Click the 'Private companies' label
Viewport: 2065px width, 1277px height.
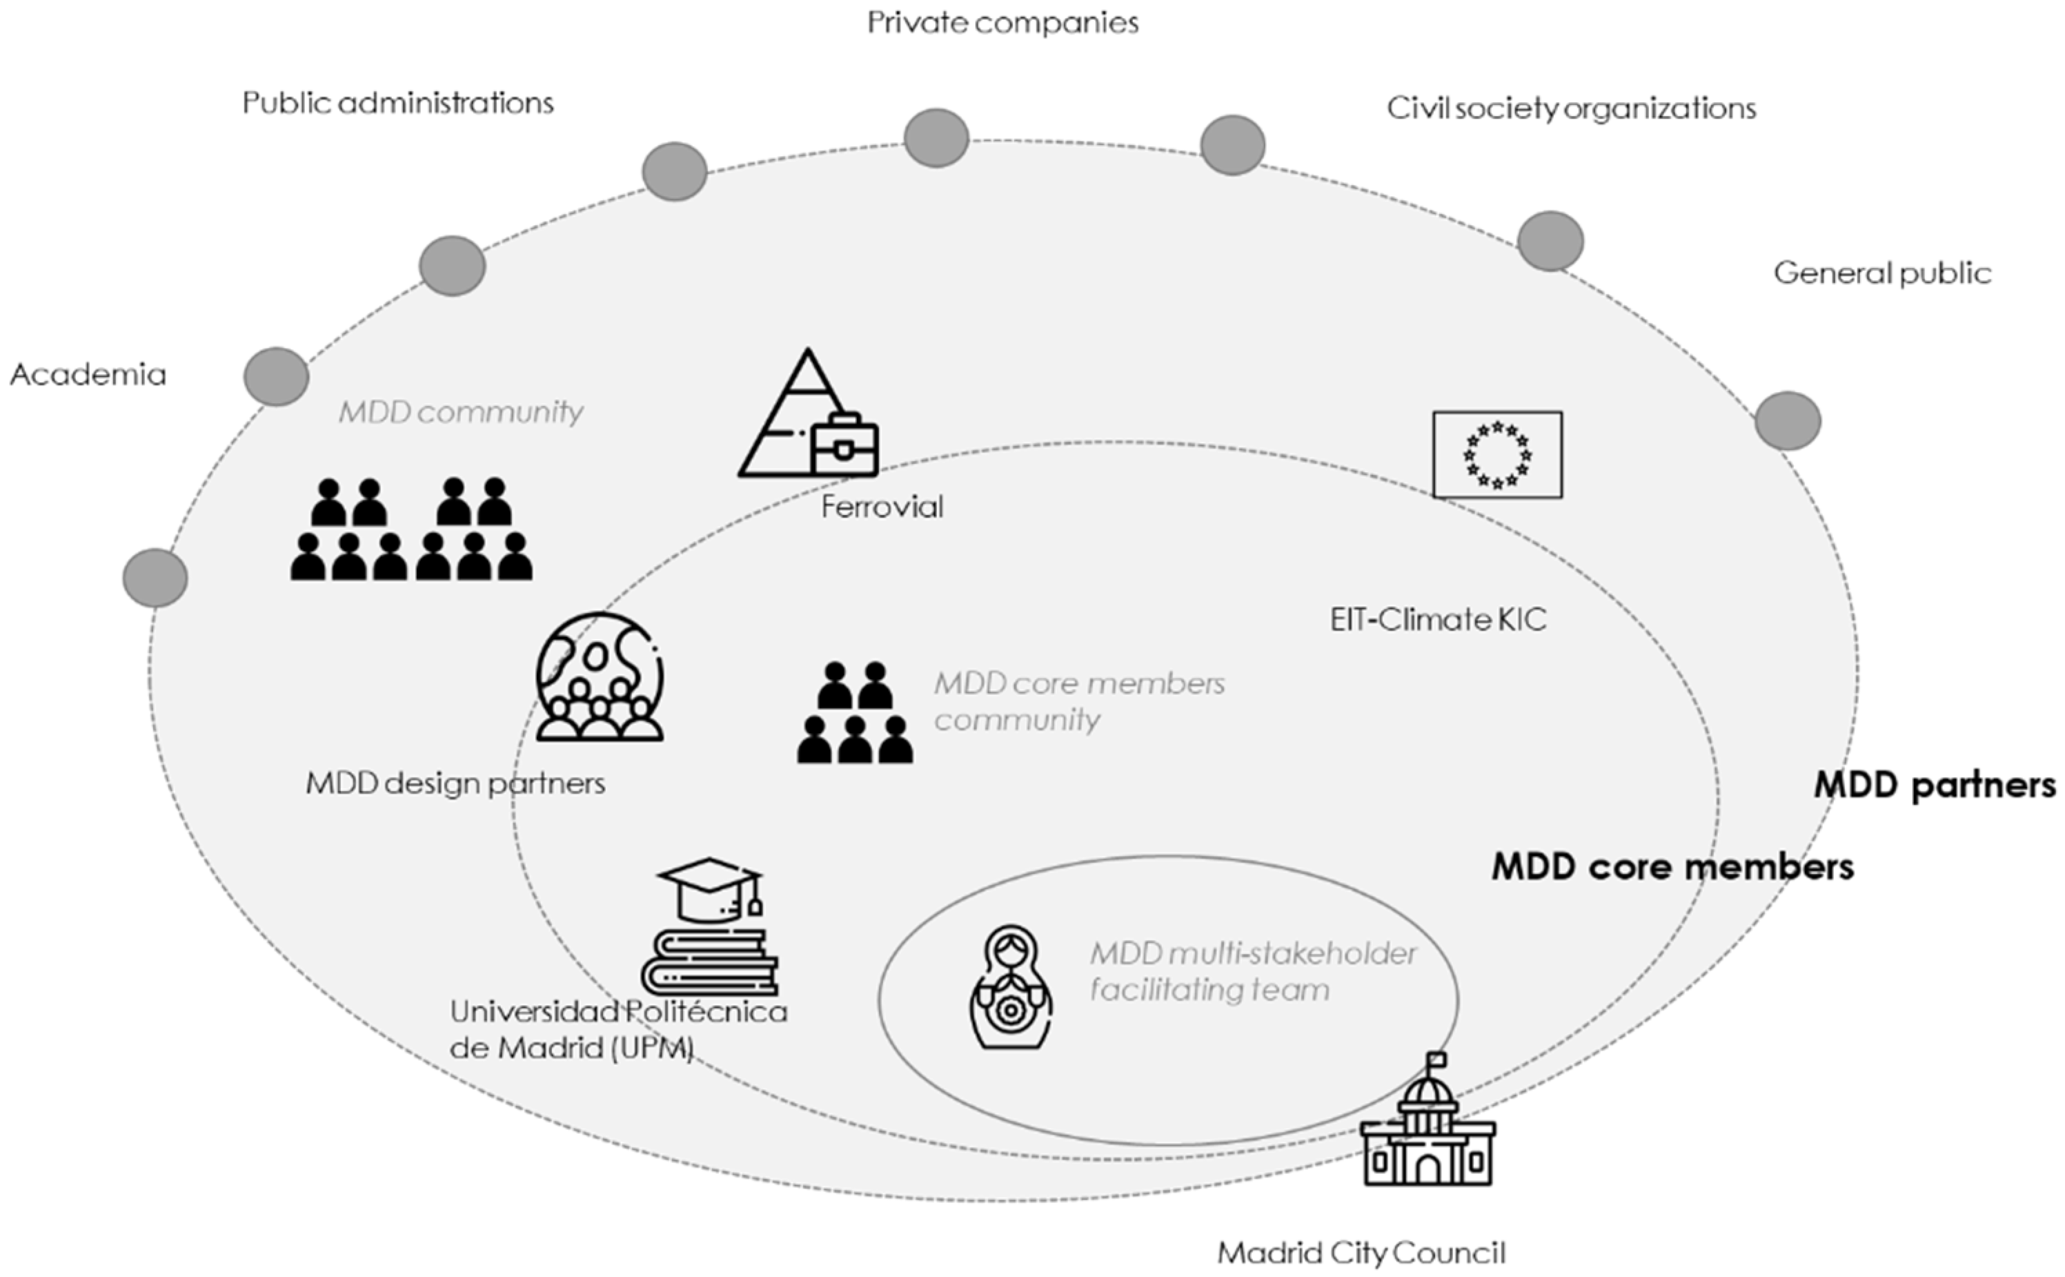[x=1003, y=23]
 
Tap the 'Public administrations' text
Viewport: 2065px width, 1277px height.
[x=397, y=103]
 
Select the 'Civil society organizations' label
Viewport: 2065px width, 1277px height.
[x=1571, y=108]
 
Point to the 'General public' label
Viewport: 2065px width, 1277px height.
[x=1881, y=273]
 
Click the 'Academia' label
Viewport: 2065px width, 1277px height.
[x=88, y=374]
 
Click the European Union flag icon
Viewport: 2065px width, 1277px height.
[x=1496, y=454]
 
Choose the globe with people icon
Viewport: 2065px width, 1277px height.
[x=600, y=676]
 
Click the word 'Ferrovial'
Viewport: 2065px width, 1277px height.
[x=882, y=507]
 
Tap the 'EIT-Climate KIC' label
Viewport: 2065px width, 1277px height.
[x=1438, y=620]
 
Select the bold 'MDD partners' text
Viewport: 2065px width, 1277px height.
[x=1934, y=786]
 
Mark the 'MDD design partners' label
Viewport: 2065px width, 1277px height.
[x=455, y=783]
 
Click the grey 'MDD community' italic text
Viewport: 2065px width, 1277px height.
[x=461, y=412]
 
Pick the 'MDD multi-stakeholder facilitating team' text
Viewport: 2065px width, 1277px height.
[x=1252, y=971]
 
